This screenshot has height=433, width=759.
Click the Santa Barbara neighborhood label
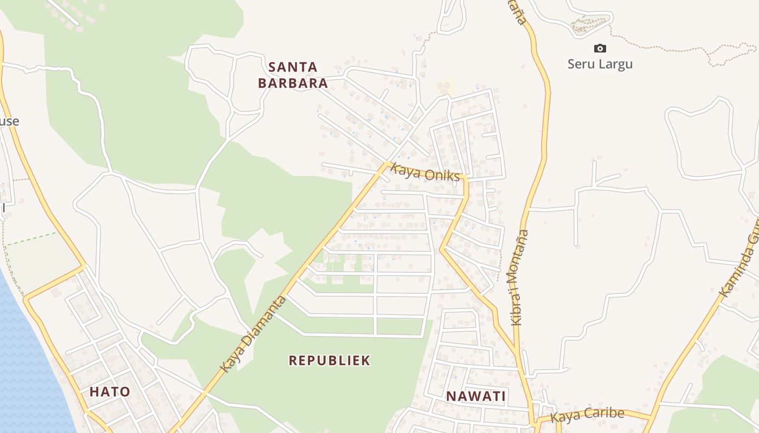[293, 75]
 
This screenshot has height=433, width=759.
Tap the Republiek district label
[329, 360]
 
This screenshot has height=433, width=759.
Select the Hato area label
[110, 392]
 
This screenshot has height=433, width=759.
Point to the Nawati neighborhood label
[475, 396]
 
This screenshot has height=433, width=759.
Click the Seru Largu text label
[600, 64]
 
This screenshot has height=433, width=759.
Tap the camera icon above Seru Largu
[600, 48]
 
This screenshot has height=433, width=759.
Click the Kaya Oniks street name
[426, 173]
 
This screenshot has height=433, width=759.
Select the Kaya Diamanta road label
[253, 334]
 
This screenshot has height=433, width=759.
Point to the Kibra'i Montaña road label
[519, 277]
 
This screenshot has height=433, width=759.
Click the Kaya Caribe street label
[587, 415]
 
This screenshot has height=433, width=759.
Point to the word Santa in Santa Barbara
[293, 67]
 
